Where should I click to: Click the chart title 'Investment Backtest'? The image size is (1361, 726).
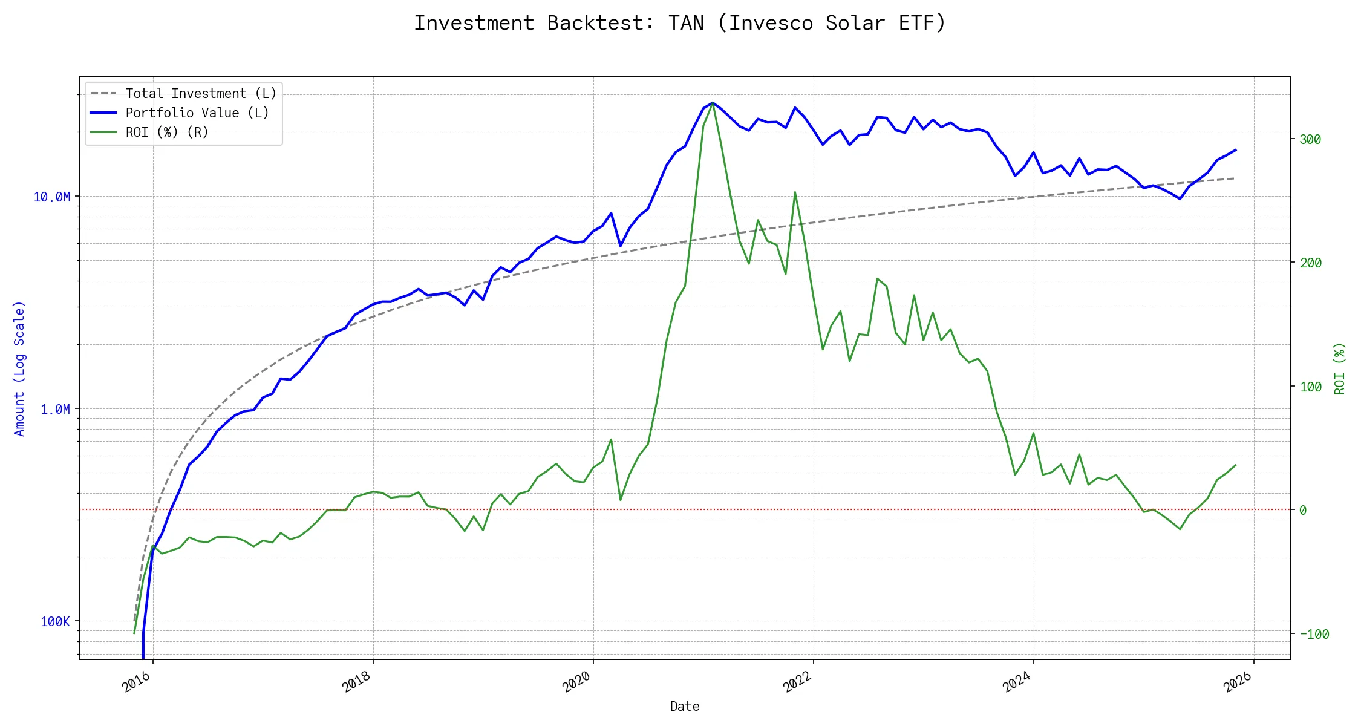point(532,23)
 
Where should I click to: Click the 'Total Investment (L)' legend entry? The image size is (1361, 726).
point(201,93)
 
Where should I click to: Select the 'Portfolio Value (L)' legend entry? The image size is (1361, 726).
point(197,113)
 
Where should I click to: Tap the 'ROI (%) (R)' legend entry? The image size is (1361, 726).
point(167,132)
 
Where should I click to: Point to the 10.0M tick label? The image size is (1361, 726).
point(52,197)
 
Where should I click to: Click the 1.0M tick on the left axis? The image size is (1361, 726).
point(56,409)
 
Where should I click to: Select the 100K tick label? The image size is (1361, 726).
point(56,621)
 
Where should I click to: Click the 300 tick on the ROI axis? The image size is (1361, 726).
point(1310,139)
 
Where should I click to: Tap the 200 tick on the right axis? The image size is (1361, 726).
point(1310,263)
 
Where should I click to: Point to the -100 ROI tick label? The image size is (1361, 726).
point(1314,634)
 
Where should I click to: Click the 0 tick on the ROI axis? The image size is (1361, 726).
point(1303,510)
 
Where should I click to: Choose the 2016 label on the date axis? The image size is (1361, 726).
point(137,682)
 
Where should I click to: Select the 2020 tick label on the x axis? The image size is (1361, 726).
point(576,682)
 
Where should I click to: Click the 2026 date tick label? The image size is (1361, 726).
point(1238,682)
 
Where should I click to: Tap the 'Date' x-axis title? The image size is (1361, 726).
point(685,706)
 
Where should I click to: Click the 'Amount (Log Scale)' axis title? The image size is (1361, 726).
point(19,368)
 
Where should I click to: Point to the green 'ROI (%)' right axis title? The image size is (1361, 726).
point(1339,368)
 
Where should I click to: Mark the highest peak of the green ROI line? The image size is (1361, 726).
point(713,103)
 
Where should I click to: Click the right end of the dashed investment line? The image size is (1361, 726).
point(1234,178)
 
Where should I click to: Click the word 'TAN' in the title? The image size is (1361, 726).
point(686,23)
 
